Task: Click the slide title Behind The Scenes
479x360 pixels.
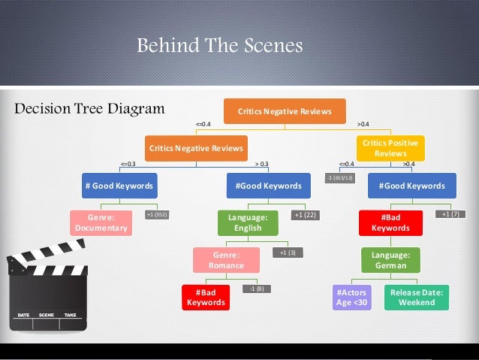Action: (219, 47)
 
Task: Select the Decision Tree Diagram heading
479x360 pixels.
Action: (89, 109)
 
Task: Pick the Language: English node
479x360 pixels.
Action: (248, 223)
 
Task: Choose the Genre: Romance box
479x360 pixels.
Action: (227, 260)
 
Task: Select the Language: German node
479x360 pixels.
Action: (390, 260)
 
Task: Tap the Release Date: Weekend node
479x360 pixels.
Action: (417, 297)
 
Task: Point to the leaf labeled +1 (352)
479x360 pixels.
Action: (157, 215)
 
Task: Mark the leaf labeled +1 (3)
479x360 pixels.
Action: (287, 253)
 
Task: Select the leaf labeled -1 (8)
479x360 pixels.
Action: (256, 289)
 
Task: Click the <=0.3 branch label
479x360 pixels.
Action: (128, 163)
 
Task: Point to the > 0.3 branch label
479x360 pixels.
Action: (261, 163)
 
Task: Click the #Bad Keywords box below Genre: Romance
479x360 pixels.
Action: (206, 297)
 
